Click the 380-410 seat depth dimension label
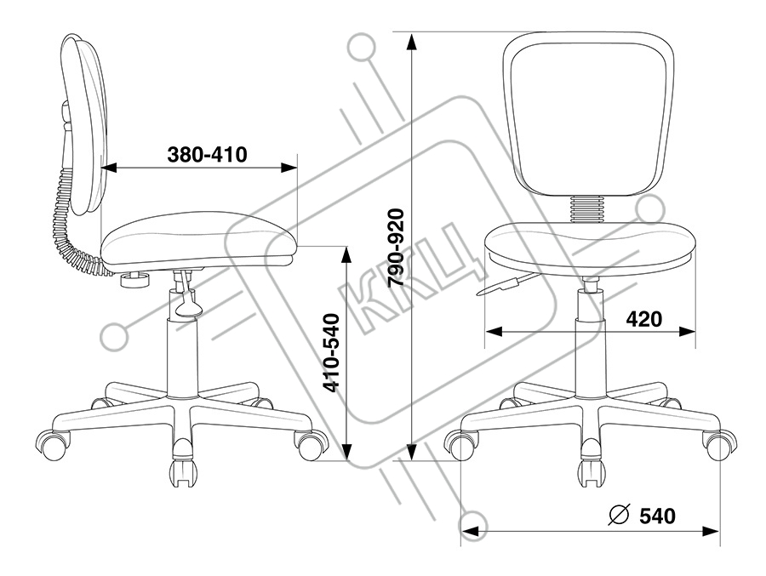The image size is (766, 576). [207, 155]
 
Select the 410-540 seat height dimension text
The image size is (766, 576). [332, 352]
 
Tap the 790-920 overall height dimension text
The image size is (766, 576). [395, 248]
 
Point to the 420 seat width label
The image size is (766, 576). [645, 319]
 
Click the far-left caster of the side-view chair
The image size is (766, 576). [49, 443]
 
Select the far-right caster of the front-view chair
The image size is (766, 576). [718, 444]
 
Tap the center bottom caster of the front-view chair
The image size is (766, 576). [589, 469]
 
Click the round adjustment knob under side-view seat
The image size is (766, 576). [133, 278]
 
